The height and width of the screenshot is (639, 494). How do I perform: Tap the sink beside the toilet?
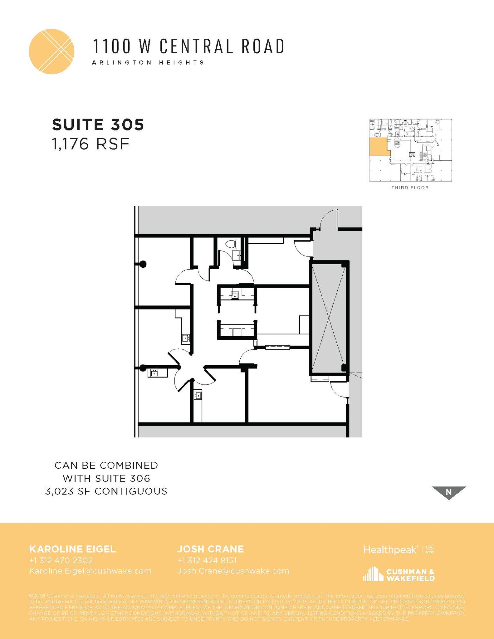coord(237,255)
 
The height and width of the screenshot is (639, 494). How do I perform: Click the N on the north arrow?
coord(449,492)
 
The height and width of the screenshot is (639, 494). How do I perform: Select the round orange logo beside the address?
coord(51,51)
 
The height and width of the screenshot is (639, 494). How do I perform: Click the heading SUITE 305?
coord(98,124)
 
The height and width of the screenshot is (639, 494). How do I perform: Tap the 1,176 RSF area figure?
coord(90,144)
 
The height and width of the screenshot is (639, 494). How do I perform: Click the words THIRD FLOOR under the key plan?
coord(410,188)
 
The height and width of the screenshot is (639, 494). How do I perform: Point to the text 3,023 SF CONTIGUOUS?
coord(106,491)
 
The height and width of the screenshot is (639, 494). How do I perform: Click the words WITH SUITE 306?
coord(106,478)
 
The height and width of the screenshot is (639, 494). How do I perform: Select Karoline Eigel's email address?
coord(90,571)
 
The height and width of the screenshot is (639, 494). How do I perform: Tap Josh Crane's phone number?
coord(207,560)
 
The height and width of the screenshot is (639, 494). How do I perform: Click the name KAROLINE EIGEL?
coord(72,549)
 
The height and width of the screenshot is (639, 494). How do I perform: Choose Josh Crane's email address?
coord(233,571)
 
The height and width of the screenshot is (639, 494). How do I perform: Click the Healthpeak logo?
coord(390,549)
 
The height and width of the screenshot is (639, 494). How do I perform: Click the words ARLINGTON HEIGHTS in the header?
coord(148,62)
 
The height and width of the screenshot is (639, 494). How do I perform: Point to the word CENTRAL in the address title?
coord(196,46)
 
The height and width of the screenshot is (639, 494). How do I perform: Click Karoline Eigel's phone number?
coord(61,560)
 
